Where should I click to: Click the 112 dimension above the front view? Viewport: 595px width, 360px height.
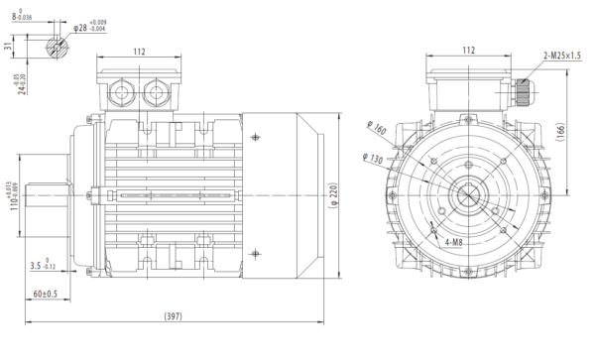point(469,51)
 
